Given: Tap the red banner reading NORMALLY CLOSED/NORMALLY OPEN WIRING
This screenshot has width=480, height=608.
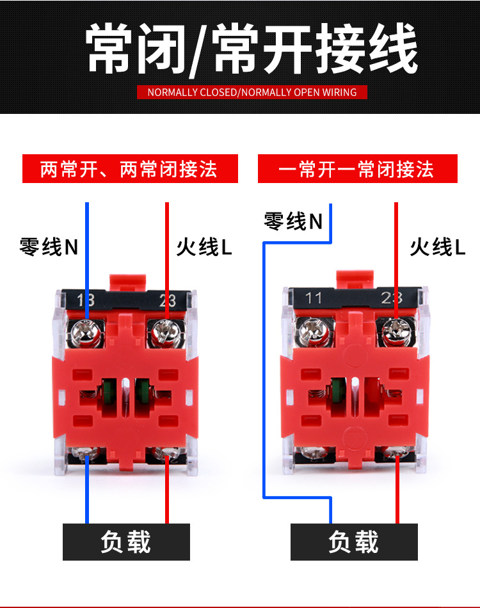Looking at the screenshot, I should [x=252, y=92].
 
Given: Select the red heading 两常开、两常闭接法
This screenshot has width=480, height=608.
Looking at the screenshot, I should [x=130, y=169].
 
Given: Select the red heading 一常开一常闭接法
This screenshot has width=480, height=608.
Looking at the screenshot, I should [x=357, y=169].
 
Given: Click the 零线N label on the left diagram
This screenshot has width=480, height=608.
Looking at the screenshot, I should [x=49, y=246].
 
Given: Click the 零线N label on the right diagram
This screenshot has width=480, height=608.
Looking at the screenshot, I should [x=293, y=221].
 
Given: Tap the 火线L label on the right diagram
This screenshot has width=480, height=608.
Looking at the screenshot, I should [x=438, y=247].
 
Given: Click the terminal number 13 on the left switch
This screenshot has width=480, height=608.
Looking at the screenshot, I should [x=85, y=300].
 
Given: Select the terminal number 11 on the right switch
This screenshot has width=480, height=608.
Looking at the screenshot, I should [x=313, y=298].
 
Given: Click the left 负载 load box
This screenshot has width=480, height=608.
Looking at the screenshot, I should [x=126, y=541].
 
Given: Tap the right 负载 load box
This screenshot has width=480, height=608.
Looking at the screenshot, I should [x=354, y=541].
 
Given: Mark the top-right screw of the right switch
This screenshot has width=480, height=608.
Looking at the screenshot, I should [x=395, y=331].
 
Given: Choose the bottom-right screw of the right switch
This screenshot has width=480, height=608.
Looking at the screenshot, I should [x=395, y=454].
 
